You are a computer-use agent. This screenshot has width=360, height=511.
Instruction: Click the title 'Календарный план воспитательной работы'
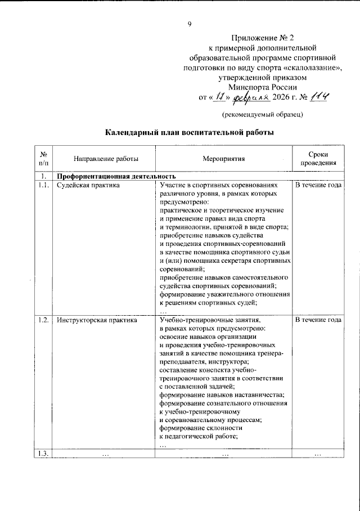[x=190, y=133]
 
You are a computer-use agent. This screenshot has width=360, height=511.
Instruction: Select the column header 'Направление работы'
[x=97, y=159]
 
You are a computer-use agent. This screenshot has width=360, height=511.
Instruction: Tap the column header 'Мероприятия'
[x=223, y=159]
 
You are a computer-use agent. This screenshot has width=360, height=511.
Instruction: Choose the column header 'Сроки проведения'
[x=318, y=159]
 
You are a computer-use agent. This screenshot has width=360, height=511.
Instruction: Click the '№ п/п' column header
[x=42, y=159]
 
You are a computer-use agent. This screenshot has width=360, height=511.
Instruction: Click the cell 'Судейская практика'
[x=87, y=185]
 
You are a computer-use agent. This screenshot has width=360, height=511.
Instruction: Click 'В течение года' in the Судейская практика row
[x=318, y=185]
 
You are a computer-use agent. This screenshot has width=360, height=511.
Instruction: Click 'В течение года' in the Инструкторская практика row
[x=318, y=320]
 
